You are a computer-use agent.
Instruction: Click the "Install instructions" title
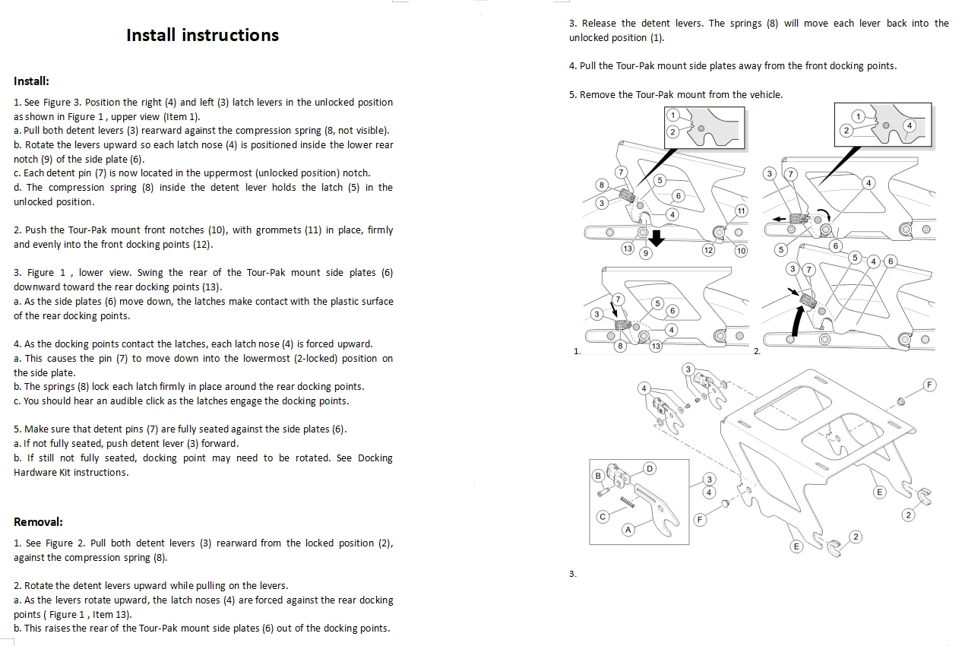click(x=202, y=35)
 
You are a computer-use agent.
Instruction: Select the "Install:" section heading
click(x=31, y=81)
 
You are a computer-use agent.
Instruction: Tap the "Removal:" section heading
click(x=38, y=522)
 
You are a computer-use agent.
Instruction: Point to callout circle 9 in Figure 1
click(x=646, y=253)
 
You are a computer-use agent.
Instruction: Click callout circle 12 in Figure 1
click(x=708, y=250)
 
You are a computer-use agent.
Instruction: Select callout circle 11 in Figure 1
click(x=741, y=211)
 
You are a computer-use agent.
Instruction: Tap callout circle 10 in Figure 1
click(x=741, y=250)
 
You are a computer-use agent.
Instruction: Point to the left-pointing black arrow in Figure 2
click(x=777, y=218)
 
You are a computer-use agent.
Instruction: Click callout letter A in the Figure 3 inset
click(x=628, y=530)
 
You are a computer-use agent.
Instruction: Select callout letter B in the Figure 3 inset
click(x=598, y=476)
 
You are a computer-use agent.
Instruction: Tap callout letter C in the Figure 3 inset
click(x=603, y=517)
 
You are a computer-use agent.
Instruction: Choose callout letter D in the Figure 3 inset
click(x=650, y=468)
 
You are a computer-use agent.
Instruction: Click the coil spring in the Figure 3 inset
click(x=628, y=501)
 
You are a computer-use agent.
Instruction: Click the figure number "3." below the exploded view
click(x=573, y=574)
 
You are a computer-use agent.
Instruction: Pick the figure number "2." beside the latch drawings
click(x=757, y=351)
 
